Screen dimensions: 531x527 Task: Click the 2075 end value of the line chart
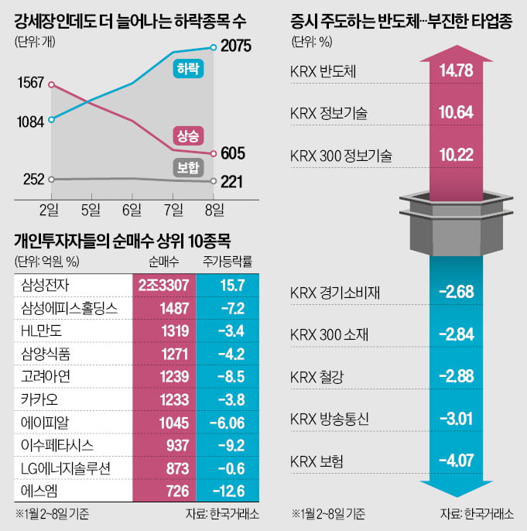236,46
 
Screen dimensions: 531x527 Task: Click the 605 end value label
233,153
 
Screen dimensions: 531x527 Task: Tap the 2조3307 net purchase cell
164,286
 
